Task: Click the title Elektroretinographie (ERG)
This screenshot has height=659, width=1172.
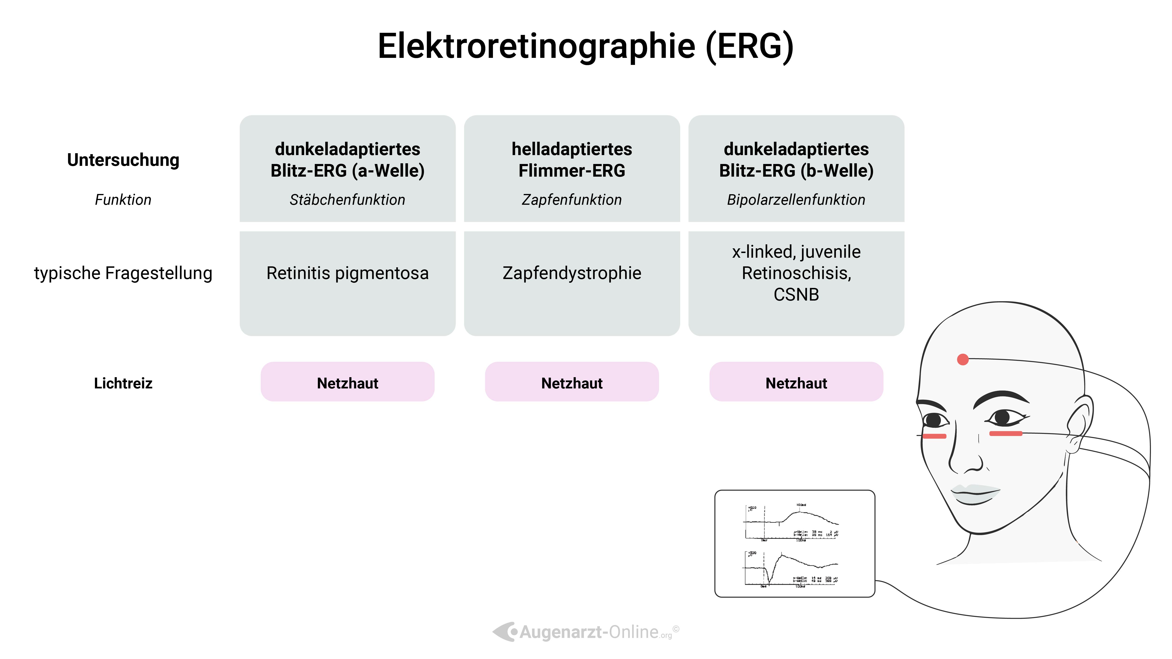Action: (586, 46)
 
